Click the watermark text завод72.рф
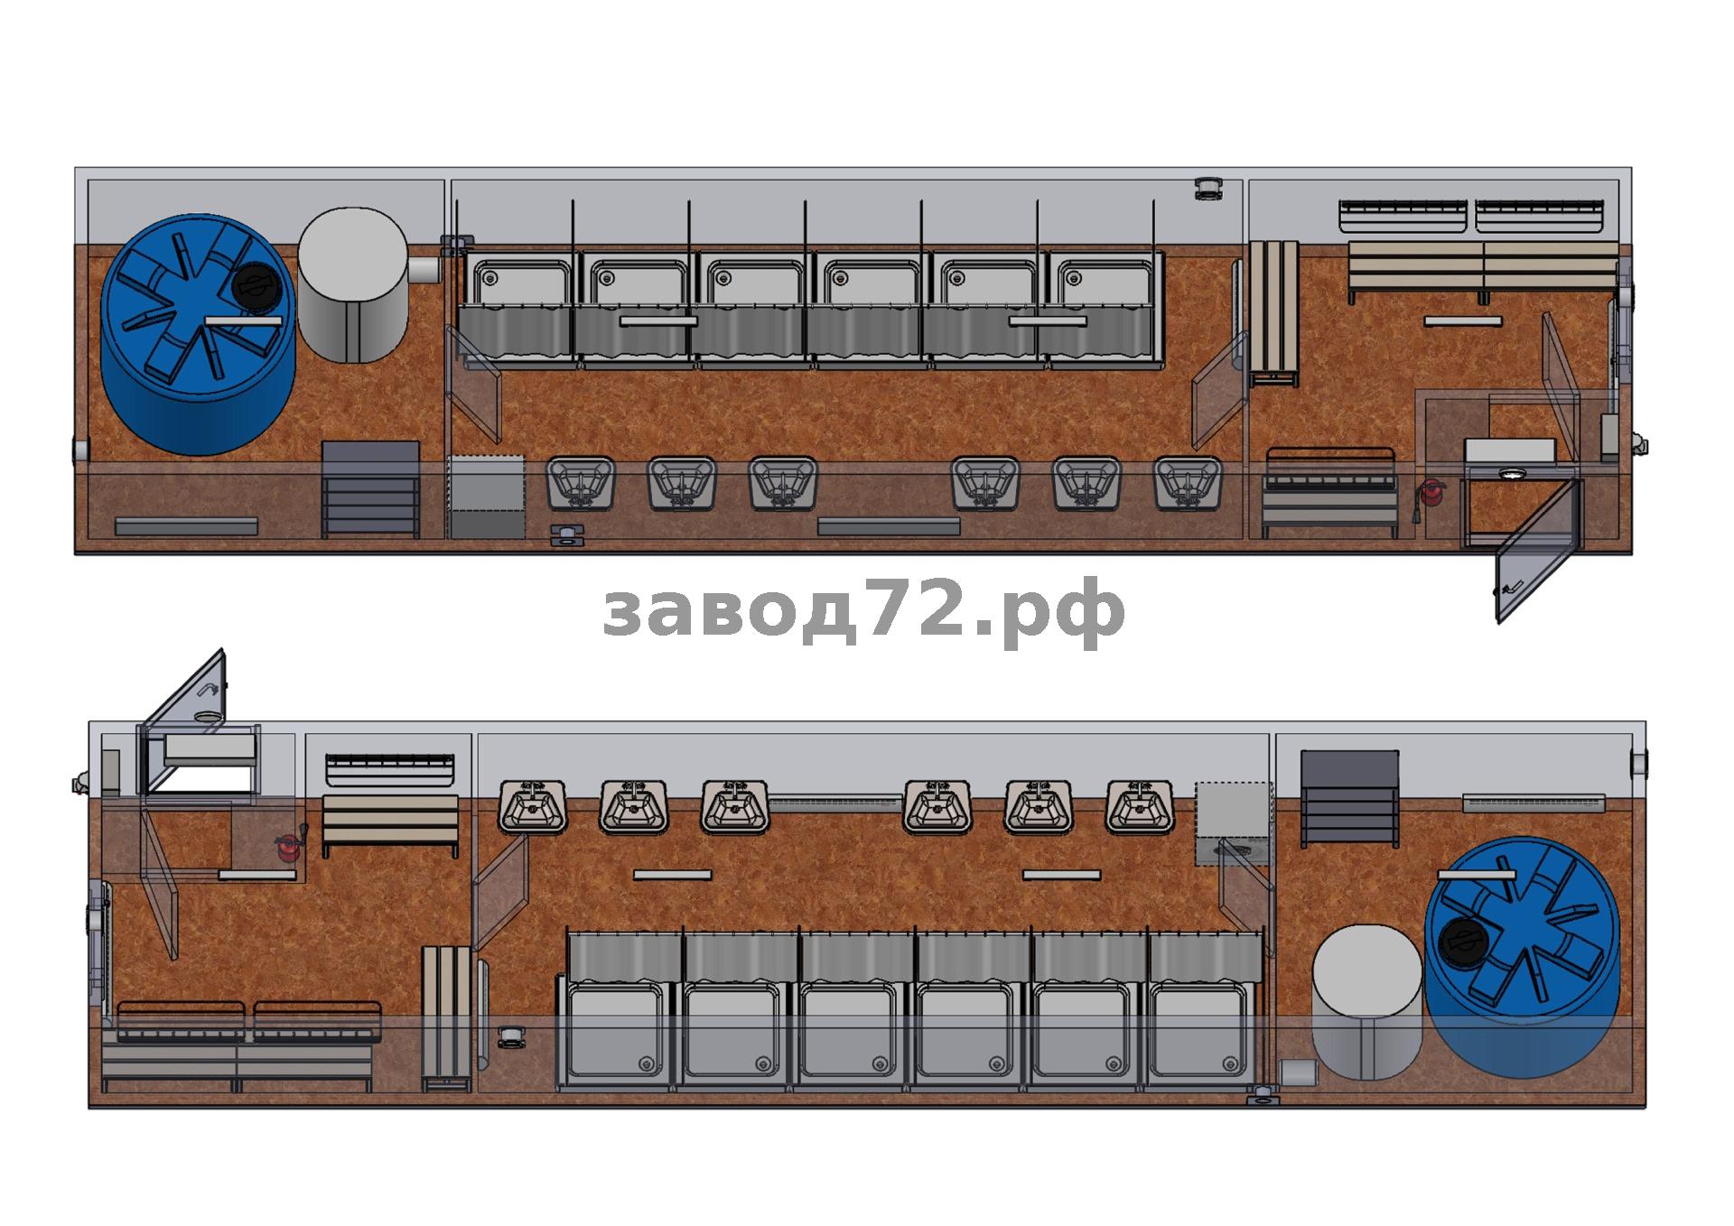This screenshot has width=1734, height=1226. [x=864, y=611]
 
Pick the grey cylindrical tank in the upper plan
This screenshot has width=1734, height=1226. [x=353, y=285]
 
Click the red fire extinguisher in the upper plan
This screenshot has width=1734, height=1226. [x=1431, y=493]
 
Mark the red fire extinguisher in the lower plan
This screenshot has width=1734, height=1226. [x=288, y=847]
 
